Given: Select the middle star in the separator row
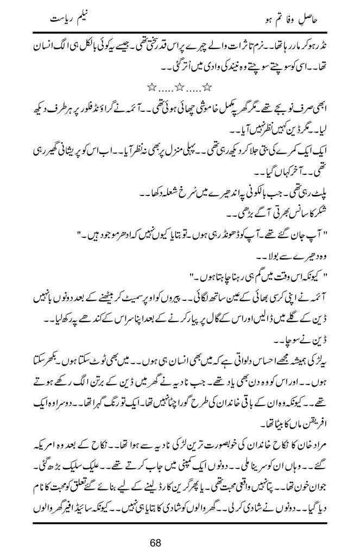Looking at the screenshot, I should coord(179,86).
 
